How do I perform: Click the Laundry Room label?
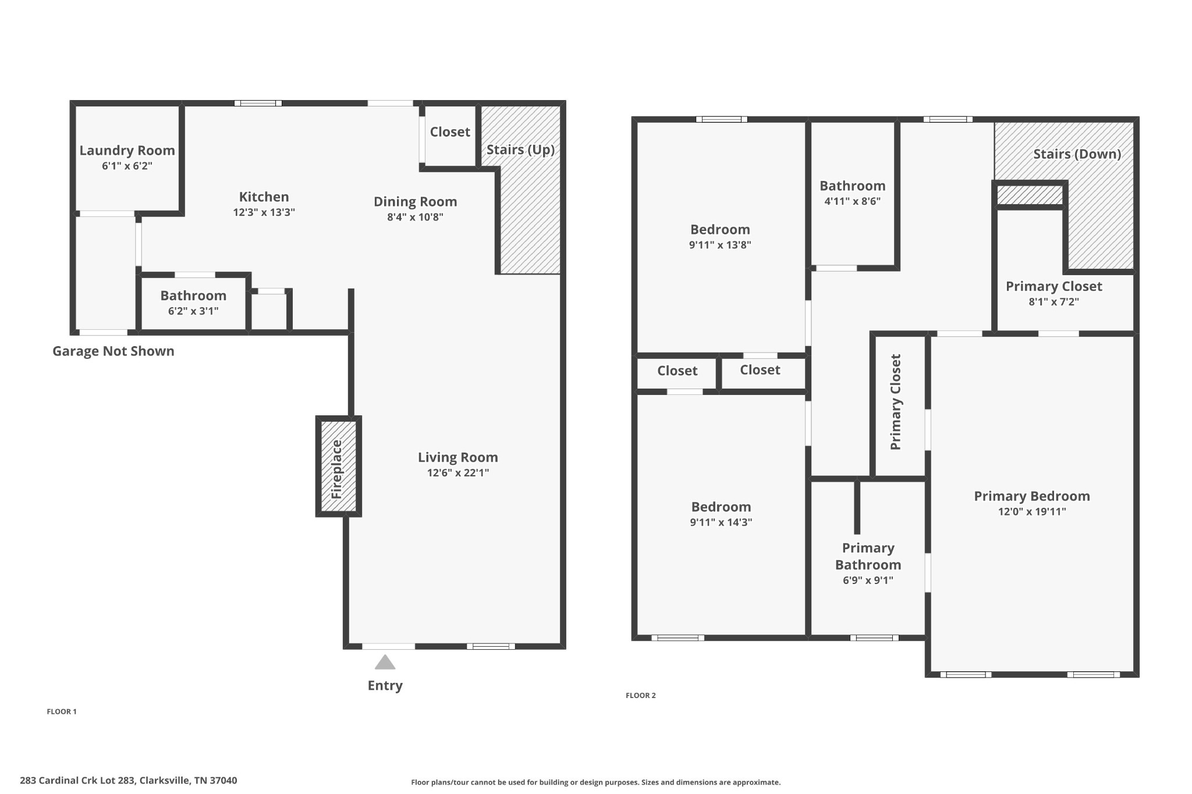[x=127, y=151]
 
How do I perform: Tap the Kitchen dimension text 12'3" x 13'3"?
[x=264, y=212]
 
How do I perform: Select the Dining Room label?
[x=415, y=202]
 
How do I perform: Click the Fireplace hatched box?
[x=338, y=467]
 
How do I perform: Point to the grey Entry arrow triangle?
[x=385, y=663]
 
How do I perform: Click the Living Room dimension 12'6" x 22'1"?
[x=457, y=473]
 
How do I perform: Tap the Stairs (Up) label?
[x=520, y=150]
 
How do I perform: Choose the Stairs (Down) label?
[x=1077, y=154]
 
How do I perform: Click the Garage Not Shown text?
[x=113, y=351]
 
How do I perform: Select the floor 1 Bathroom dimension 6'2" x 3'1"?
[x=193, y=311]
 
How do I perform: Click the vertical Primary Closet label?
[x=896, y=402]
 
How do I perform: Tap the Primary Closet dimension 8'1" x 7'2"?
[x=1053, y=302]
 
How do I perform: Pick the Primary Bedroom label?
[x=1031, y=496]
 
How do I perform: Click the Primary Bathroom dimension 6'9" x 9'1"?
[x=867, y=580]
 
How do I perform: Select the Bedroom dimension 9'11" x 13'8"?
[x=720, y=245]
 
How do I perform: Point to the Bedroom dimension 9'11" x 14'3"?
[x=721, y=522]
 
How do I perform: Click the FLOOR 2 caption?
[x=640, y=695]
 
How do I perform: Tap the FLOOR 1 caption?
[x=62, y=711]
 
